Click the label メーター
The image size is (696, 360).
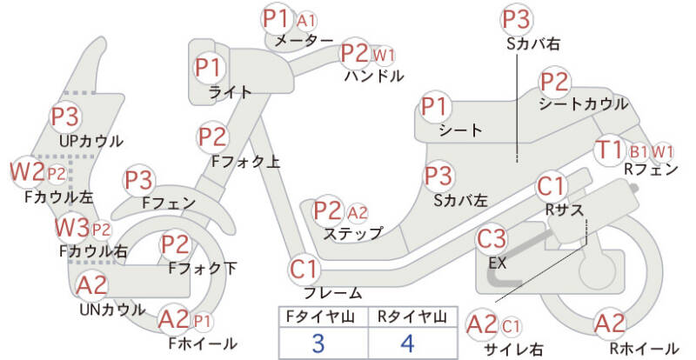click(304, 41)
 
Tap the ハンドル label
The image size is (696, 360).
click(374, 76)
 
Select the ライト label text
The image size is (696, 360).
click(230, 92)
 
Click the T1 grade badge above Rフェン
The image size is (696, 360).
click(610, 150)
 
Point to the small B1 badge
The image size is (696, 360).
click(639, 152)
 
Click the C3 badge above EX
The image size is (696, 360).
click(491, 238)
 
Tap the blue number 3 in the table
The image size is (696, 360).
click(318, 343)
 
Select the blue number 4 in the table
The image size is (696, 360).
click(407, 343)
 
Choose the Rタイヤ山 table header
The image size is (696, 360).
click(412, 317)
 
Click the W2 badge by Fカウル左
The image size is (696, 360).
click(28, 172)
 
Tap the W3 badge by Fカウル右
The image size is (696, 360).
click(72, 228)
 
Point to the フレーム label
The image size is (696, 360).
click(332, 292)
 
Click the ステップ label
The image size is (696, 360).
click(352, 233)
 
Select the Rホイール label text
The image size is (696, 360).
click(644, 349)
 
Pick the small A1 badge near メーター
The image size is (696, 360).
click(306, 20)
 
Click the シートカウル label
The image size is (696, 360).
click(583, 103)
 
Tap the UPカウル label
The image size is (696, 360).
click(91, 141)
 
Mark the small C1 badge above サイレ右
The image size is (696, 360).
click(511, 327)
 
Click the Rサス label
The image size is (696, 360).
click(564, 210)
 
